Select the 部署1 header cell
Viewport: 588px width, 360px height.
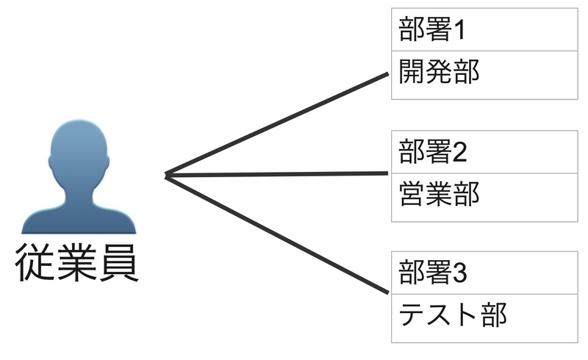point(484,32)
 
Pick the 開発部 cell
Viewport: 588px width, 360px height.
point(484,74)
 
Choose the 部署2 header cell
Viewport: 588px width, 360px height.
point(484,152)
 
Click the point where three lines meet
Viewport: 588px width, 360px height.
point(167,176)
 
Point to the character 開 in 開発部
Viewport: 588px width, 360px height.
point(412,74)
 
